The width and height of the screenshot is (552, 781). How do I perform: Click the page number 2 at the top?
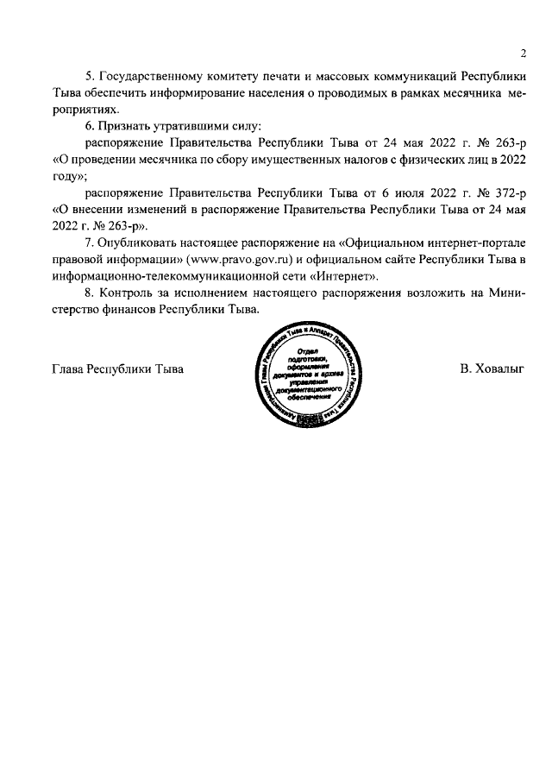pyautogui.click(x=523, y=54)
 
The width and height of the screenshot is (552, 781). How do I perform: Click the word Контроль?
pyautogui.click(x=133, y=293)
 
